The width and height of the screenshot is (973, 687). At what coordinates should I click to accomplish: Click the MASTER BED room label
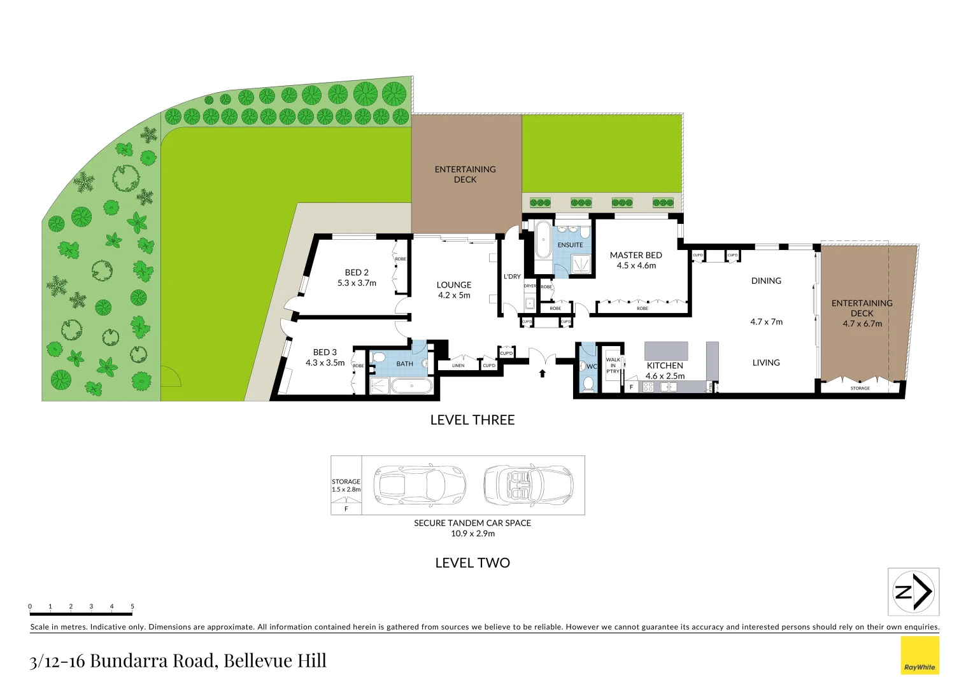pyautogui.click(x=636, y=255)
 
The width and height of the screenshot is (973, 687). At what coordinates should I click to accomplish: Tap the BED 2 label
pyautogui.click(x=357, y=272)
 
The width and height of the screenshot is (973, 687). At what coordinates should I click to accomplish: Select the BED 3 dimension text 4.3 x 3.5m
pyautogui.click(x=325, y=363)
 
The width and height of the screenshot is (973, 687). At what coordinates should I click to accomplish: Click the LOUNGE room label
pyautogui.click(x=454, y=285)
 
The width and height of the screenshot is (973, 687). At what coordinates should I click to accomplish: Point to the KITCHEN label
pyautogui.click(x=665, y=366)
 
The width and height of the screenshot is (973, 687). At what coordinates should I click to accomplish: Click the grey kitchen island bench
pyautogui.click(x=666, y=351)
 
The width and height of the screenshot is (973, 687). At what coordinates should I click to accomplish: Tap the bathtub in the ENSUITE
pyautogui.click(x=543, y=240)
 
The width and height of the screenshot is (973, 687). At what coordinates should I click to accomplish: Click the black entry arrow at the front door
pyautogui.click(x=543, y=373)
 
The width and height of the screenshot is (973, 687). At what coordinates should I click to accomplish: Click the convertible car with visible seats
pyautogui.click(x=528, y=485)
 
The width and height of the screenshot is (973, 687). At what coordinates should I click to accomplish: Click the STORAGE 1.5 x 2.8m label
pyautogui.click(x=346, y=485)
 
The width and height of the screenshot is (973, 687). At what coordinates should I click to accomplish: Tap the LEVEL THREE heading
pyautogui.click(x=472, y=420)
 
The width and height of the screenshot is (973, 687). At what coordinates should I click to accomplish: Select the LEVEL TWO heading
pyautogui.click(x=472, y=563)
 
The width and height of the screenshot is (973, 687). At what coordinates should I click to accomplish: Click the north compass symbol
pyautogui.click(x=913, y=592)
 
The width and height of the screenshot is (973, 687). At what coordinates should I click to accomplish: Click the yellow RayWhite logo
pyautogui.click(x=920, y=655)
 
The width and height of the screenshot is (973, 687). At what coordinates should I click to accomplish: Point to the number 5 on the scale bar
pyautogui.click(x=132, y=606)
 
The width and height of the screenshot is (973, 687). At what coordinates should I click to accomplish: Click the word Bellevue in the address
pyautogui.click(x=259, y=661)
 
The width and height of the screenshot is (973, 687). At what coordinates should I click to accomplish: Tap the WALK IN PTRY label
pyautogui.click(x=613, y=365)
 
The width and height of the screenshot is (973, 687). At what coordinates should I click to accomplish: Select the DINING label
pyautogui.click(x=765, y=281)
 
